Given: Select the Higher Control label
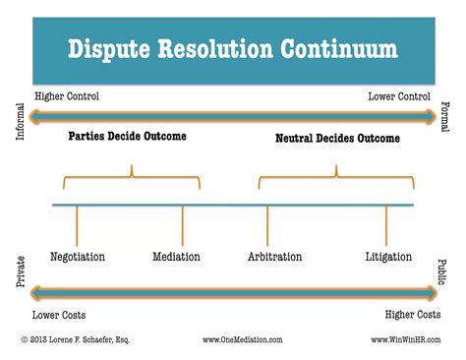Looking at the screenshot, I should pyautogui.click(x=67, y=96).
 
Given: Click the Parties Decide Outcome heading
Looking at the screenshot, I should pyautogui.click(x=127, y=137).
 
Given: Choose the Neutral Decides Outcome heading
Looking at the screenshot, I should pyautogui.click(x=337, y=139).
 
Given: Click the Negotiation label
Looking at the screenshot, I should pyautogui.click(x=78, y=257).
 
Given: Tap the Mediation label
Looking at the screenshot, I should pyautogui.click(x=177, y=257).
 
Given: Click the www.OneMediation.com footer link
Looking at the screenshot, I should pyautogui.click(x=242, y=340).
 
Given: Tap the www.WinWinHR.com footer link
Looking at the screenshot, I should pyautogui.click(x=406, y=340).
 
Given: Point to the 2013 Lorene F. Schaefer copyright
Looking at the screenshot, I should pyautogui.click(x=74, y=340).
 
